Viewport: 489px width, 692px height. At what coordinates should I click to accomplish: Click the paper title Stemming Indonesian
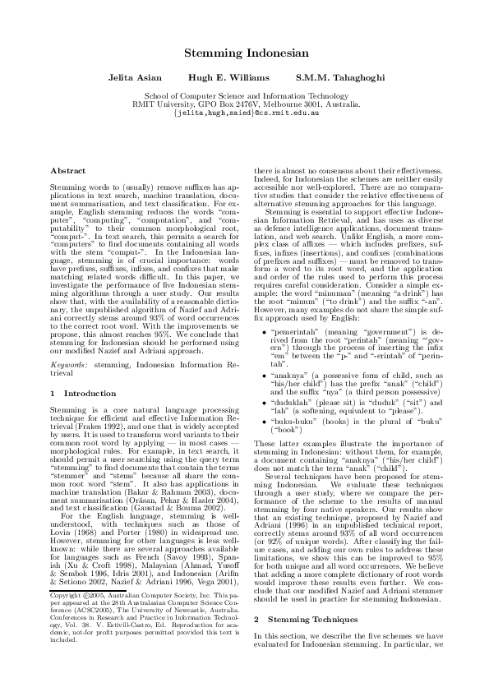tap(246, 53)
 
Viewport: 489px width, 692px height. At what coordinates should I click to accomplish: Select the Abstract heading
tap(68, 170)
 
